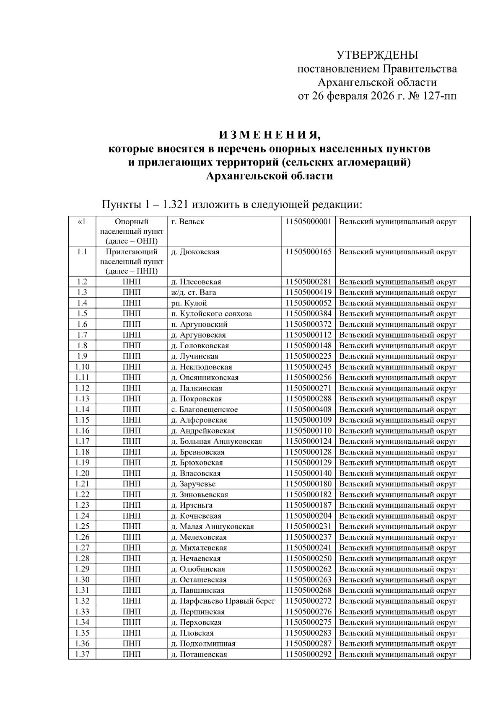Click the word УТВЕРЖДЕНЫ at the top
[377, 55]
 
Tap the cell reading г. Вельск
[188, 222]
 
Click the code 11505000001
[309, 222]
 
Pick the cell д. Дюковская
[195, 252]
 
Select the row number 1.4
[82, 303]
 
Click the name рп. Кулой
[189, 303]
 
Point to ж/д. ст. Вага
[194, 292]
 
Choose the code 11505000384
[309, 313]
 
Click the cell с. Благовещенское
[205, 409]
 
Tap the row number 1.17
[82, 441]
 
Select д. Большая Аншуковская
[217, 441]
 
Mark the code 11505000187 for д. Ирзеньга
[309, 505]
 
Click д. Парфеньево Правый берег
[223, 601]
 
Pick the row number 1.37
[82, 654]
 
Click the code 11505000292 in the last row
[309, 654]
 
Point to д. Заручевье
[193, 484]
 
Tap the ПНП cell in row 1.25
[132, 526]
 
